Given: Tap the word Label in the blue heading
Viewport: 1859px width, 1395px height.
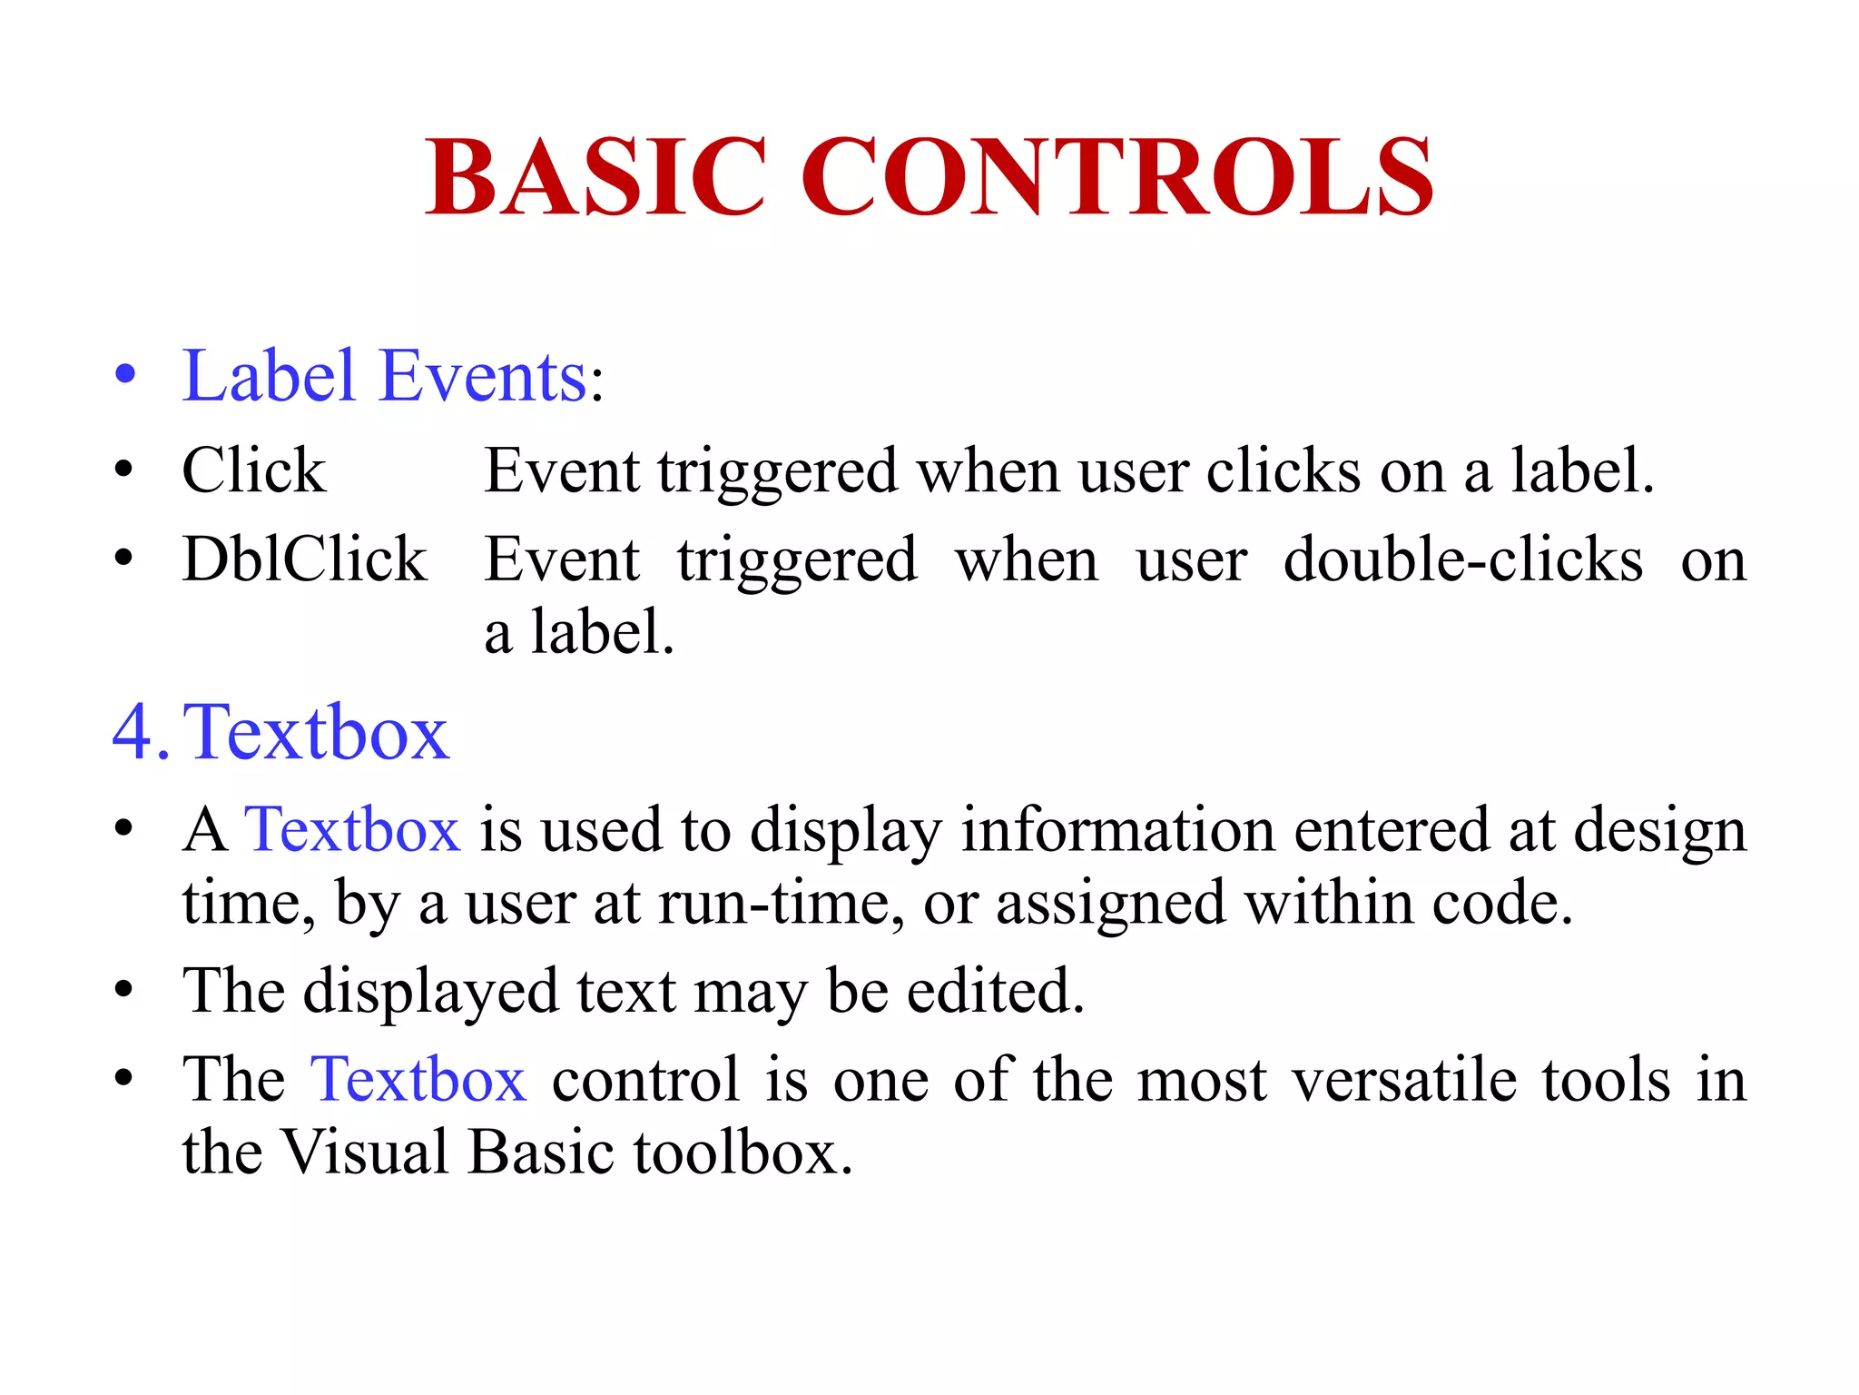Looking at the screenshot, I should pos(268,376).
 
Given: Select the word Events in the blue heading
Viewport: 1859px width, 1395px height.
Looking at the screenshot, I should pos(484,376).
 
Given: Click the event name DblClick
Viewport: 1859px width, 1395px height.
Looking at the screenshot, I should pos(304,559).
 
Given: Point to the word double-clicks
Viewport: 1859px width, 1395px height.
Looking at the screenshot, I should pos(1462,560).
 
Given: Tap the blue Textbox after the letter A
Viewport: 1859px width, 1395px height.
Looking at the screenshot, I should pos(352,829).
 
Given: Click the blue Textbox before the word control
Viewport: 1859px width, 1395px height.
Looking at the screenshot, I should pos(418,1079).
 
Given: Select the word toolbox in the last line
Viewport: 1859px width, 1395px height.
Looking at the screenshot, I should pos(742,1152).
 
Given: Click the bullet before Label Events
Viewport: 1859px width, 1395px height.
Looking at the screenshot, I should pos(125,375).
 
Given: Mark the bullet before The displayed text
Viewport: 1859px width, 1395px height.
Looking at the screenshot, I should pos(125,989).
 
